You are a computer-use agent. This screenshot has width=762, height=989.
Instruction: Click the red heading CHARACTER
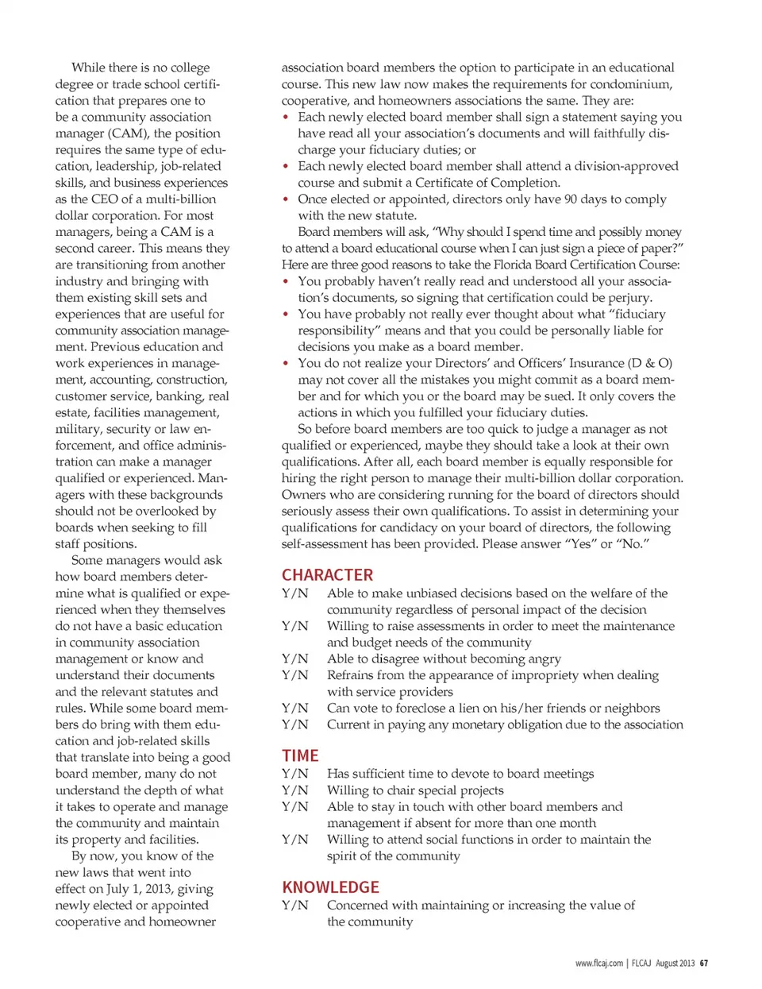click(x=327, y=575)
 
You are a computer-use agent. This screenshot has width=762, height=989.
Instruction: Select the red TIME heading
click(x=300, y=755)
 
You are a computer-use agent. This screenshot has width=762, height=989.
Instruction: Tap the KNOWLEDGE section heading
click(x=330, y=887)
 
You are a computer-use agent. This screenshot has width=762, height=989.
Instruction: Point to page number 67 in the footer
click(x=704, y=964)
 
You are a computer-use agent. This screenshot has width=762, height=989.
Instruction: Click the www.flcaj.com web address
click(x=599, y=964)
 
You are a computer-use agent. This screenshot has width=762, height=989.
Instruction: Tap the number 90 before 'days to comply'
click(x=564, y=199)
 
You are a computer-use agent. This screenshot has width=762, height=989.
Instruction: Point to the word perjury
click(x=628, y=297)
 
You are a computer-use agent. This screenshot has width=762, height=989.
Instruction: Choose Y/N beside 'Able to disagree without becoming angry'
click(x=294, y=659)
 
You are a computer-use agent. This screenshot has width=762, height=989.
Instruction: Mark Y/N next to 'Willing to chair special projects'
click(x=294, y=790)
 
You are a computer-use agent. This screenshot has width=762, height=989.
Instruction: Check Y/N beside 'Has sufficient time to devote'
click(x=294, y=774)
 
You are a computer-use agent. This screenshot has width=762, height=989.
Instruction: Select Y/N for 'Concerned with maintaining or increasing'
click(x=294, y=905)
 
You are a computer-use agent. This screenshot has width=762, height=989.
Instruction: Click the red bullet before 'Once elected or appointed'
click(x=286, y=199)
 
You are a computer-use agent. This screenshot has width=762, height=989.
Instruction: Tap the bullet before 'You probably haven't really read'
click(x=286, y=281)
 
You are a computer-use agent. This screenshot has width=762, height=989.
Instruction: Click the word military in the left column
click(x=78, y=429)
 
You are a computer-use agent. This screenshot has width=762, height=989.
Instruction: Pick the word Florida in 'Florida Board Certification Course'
click(x=514, y=265)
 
